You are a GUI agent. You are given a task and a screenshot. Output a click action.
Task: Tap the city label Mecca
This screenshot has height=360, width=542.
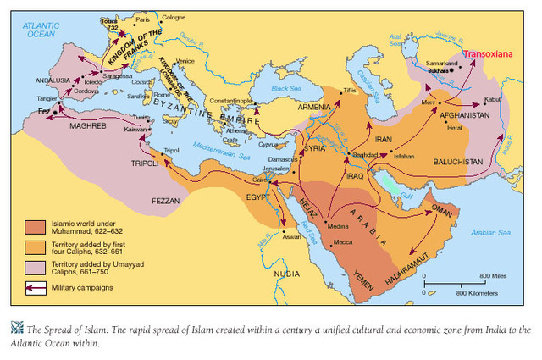(343, 242)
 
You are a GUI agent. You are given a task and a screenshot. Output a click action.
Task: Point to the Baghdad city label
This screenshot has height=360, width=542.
(366, 158)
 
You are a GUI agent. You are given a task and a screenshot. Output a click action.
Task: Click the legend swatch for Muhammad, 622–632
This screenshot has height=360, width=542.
(35, 226)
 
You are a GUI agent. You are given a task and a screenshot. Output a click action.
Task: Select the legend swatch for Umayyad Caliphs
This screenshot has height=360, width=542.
(35, 267)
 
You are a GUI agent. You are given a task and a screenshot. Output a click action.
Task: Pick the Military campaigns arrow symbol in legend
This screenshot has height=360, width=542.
(35, 287)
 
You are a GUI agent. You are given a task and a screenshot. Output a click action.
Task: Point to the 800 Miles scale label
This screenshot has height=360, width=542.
(493, 276)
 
